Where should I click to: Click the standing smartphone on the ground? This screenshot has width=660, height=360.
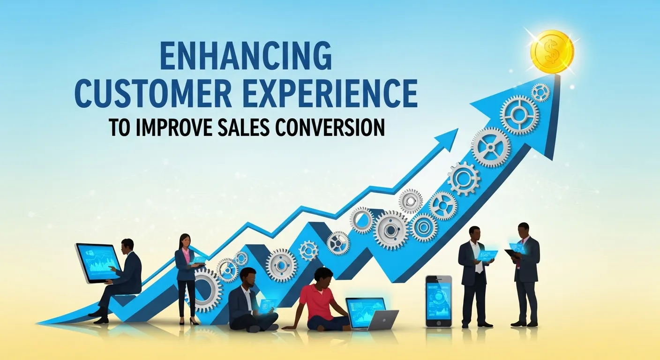[438, 300]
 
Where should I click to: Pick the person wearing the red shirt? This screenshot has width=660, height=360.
[317, 300]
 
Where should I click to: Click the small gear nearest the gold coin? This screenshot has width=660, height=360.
[540, 92]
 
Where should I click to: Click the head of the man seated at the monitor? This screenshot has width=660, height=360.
[127, 245]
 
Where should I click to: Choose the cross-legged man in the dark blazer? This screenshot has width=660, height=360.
[248, 300]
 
